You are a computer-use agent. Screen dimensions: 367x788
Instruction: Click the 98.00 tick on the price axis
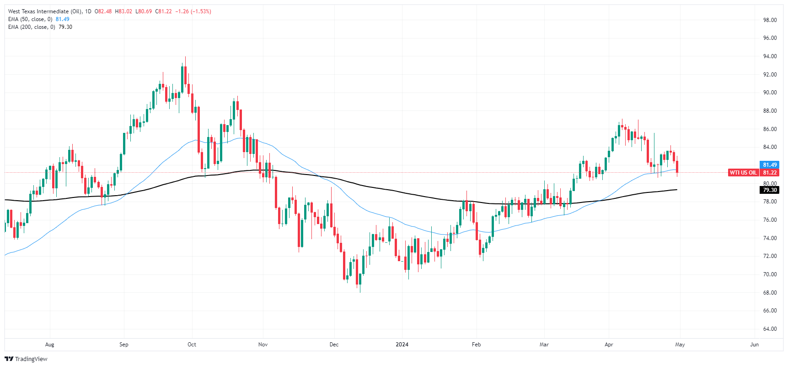(x=770, y=20)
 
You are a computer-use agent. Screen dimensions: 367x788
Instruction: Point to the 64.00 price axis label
(x=770, y=329)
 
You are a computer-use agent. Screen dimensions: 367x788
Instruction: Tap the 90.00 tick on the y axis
(x=770, y=93)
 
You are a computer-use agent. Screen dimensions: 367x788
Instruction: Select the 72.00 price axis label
(x=770, y=256)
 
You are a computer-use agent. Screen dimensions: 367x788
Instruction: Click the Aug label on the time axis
(x=50, y=345)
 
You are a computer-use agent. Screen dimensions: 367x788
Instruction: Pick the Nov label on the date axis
(x=263, y=345)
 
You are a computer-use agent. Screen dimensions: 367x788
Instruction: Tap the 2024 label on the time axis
(x=402, y=345)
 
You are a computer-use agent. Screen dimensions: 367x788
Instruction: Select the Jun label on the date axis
(x=754, y=345)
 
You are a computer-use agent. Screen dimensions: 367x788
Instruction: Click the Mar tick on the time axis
(x=544, y=345)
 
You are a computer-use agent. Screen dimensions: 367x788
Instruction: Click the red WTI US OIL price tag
(x=743, y=173)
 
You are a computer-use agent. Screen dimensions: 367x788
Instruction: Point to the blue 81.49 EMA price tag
(x=770, y=165)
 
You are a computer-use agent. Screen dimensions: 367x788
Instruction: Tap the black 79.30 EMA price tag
(x=770, y=190)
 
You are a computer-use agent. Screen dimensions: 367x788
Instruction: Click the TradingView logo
(x=26, y=359)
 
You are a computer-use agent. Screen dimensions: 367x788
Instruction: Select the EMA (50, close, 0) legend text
(x=30, y=19)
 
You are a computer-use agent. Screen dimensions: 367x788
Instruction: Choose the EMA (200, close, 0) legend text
(x=32, y=27)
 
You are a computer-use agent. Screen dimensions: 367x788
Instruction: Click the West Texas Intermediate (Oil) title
(x=45, y=11)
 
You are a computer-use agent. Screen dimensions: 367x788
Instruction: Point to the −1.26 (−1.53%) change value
(x=193, y=11)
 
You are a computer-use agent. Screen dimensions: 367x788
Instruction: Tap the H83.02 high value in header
(x=123, y=11)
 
